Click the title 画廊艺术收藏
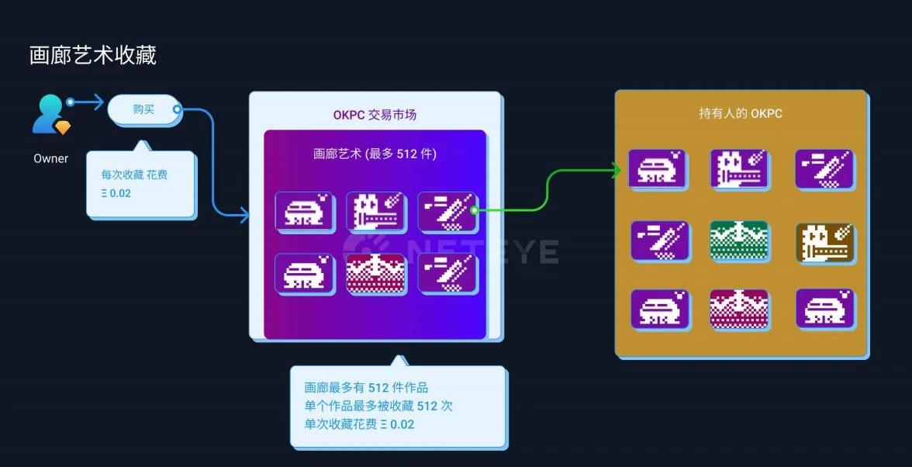click(93, 55)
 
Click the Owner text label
click(51, 158)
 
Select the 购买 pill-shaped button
click(143, 109)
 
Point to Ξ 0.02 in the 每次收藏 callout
click(116, 193)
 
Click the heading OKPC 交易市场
click(375, 115)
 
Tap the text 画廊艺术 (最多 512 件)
click(375, 154)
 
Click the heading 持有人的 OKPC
click(741, 113)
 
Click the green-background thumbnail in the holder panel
click(739, 240)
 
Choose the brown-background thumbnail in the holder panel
click(824, 242)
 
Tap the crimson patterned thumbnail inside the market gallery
click(375, 273)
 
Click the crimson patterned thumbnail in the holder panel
click(739, 309)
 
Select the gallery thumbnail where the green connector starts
click(447, 211)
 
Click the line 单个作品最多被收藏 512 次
click(378, 406)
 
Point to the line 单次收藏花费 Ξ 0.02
click(359, 424)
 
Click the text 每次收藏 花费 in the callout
click(135, 175)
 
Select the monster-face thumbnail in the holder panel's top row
click(739, 169)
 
